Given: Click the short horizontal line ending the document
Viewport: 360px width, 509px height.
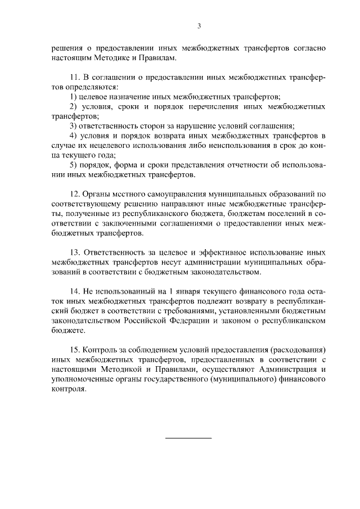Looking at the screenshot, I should (x=188, y=438).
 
